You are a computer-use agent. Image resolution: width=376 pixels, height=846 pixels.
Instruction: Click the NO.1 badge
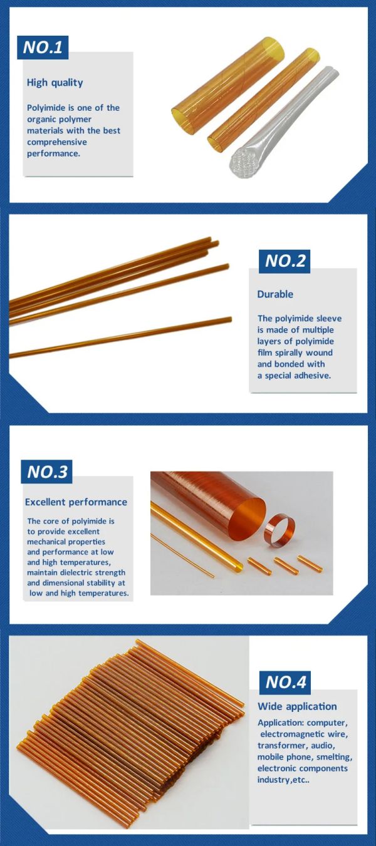pyautogui.click(x=43, y=48)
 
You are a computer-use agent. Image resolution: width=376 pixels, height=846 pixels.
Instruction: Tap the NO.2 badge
pyautogui.click(x=285, y=261)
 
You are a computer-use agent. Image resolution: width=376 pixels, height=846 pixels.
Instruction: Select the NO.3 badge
pyautogui.click(x=46, y=472)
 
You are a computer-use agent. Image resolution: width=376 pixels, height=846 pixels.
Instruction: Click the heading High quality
pyautogui.click(x=55, y=83)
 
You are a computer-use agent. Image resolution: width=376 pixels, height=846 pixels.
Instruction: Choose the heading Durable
pyautogui.click(x=275, y=294)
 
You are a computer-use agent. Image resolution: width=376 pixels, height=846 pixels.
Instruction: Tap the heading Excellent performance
pyautogui.click(x=76, y=502)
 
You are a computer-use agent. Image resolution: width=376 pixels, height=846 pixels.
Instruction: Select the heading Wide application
pyautogui.click(x=297, y=706)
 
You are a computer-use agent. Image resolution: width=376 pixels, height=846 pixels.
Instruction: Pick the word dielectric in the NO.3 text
pyautogui.click(x=77, y=572)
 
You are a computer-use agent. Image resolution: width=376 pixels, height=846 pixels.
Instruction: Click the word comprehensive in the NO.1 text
pyautogui.click(x=56, y=142)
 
